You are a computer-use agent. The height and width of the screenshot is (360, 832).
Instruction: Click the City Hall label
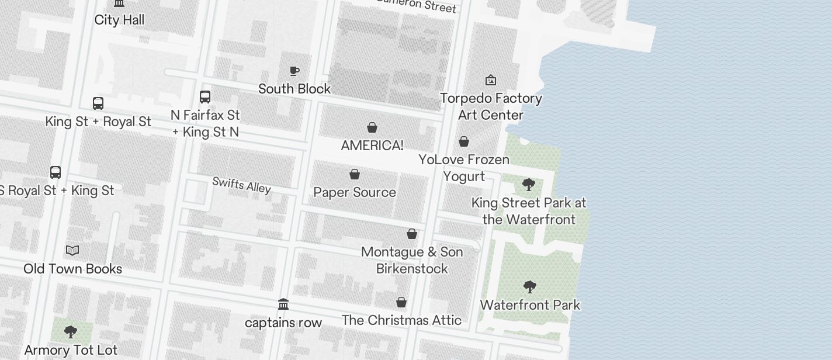(119, 20)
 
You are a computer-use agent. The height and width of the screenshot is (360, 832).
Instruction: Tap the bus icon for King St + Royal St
(98, 103)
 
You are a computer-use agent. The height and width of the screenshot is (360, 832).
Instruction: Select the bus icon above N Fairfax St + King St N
(205, 97)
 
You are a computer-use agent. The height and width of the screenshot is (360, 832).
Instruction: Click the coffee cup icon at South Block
(294, 71)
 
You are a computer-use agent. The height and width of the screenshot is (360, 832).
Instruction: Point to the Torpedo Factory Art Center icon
(491, 80)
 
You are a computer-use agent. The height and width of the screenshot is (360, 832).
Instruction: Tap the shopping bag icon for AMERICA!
(372, 127)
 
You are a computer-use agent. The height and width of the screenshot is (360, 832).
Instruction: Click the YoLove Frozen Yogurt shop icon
(464, 141)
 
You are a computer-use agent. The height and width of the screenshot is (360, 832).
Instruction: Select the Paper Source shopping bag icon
(355, 174)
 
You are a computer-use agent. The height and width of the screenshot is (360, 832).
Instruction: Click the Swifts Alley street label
(241, 185)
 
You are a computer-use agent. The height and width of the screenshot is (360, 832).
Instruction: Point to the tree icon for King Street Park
(529, 185)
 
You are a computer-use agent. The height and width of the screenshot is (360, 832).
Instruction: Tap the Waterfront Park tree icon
(530, 287)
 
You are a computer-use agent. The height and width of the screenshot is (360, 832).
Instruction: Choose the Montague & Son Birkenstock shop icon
(412, 234)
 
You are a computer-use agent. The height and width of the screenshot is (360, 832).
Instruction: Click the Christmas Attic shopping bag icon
(401, 302)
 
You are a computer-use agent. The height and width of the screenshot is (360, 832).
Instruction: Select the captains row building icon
(283, 304)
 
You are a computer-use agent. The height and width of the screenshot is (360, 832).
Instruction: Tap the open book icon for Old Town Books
(72, 251)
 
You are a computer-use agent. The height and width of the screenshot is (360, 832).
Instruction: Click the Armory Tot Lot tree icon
(71, 332)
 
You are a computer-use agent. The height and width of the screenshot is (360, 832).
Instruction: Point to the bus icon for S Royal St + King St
(56, 172)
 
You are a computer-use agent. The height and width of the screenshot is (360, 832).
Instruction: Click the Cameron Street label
(416, 5)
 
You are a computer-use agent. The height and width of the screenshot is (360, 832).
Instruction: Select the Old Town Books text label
(73, 269)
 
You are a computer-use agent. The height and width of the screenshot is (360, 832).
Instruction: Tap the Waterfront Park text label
(530, 305)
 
